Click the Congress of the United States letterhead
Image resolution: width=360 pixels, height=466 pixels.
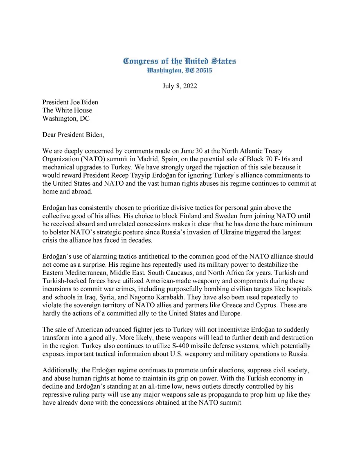click(x=180, y=61)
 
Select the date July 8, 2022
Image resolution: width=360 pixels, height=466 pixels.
click(x=180, y=86)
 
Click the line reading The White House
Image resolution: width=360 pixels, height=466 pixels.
click(x=67, y=110)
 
